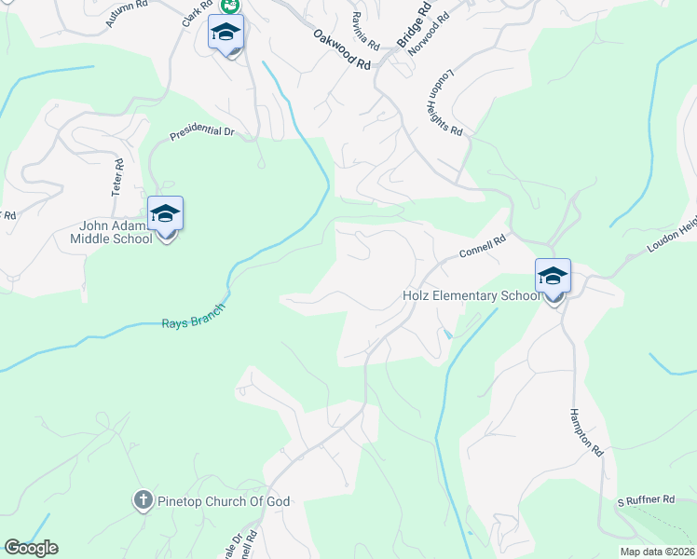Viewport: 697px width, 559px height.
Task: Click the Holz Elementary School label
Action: coord(471,296)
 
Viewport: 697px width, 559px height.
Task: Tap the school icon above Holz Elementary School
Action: coord(553,276)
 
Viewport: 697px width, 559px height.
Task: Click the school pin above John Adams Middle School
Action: coord(166,214)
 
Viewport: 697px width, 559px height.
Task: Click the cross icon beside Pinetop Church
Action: coord(142,500)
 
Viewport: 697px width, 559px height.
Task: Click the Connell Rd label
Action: coord(482,248)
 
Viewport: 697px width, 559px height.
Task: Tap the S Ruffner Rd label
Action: coord(646,500)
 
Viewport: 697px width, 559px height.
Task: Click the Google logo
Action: coord(31,548)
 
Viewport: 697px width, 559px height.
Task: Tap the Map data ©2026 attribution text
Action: coord(657,552)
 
